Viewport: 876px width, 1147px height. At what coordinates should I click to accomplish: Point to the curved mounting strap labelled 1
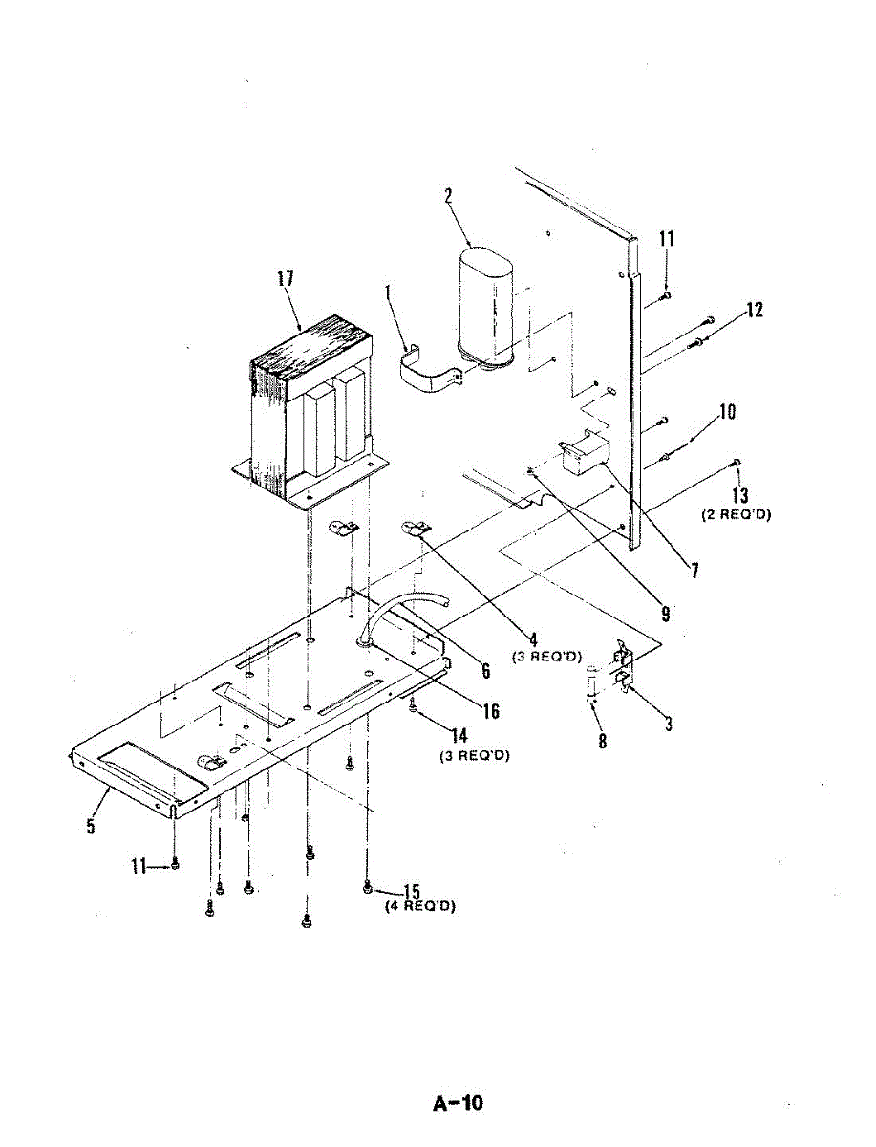click(x=427, y=373)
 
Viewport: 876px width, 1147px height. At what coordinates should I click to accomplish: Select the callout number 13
click(x=740, y=495)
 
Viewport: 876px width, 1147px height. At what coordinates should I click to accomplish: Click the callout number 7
click(x=694, y=572)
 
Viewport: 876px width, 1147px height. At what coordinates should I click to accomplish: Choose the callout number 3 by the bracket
click(x=669, y=724)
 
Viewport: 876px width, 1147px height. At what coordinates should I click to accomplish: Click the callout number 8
click(x=602, y=741)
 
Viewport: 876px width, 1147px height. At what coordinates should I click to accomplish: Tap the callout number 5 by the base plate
click(x=91, y=823)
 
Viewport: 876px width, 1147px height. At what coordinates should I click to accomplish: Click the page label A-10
click(x=459, y=1104)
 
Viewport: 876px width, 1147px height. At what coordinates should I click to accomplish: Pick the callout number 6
click(x=485, y=671)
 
